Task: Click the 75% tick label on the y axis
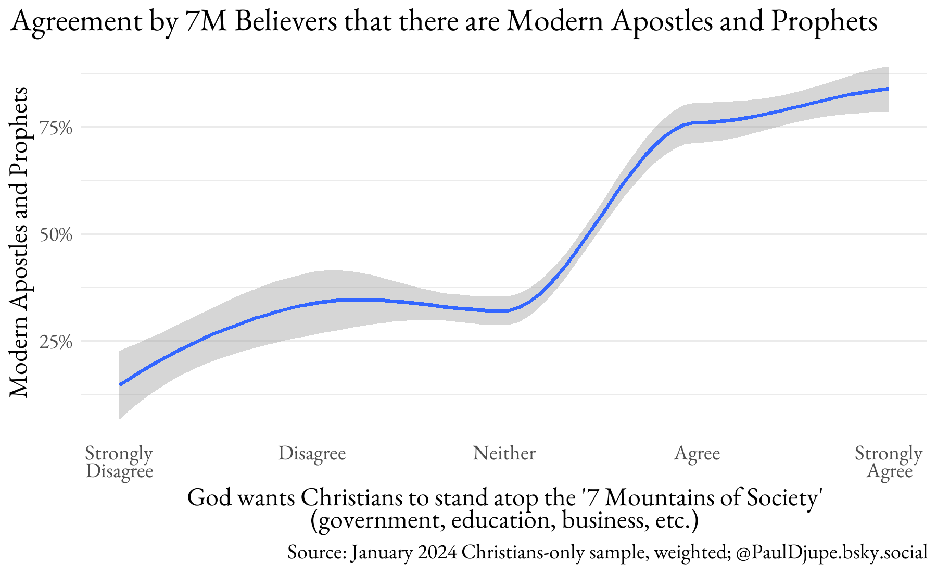point(56,128)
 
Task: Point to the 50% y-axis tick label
point(56,235)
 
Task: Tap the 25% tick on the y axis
point(56,342)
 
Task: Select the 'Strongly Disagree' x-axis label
point(119,462)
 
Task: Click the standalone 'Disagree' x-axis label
point(312,453)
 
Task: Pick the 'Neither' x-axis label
point(504,453)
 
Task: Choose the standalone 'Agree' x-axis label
point(697,453)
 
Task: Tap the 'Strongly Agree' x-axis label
point(889,462)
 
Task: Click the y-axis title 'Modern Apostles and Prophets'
point(19,242)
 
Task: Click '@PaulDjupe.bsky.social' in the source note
point(832,552)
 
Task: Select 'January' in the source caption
point(385,552)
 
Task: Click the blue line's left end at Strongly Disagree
point(120,384)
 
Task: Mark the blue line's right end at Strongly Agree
point(888,89)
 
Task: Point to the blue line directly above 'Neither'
point(504,310)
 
